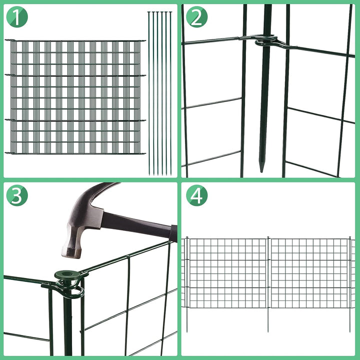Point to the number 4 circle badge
(x=196, y=196)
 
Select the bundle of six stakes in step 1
(x=159, y=92)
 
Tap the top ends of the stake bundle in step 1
(x=159, y=13)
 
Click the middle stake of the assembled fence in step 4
(x=268, y=280)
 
